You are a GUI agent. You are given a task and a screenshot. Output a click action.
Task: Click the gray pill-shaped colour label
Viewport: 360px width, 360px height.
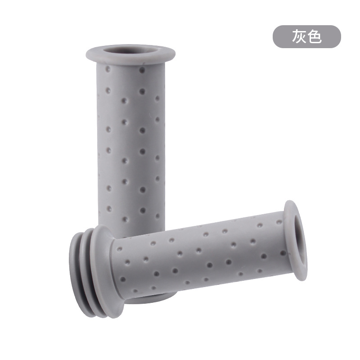coord(307,37)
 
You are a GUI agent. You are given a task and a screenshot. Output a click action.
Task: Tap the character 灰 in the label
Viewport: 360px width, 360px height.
coord(299,36)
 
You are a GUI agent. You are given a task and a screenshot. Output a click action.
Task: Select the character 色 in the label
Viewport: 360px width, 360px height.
coord(314,36)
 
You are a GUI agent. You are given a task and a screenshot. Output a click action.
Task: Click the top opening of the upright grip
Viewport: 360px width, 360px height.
coord(130,51)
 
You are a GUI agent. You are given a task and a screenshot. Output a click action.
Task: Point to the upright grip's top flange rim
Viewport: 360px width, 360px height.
coord(130,60)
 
